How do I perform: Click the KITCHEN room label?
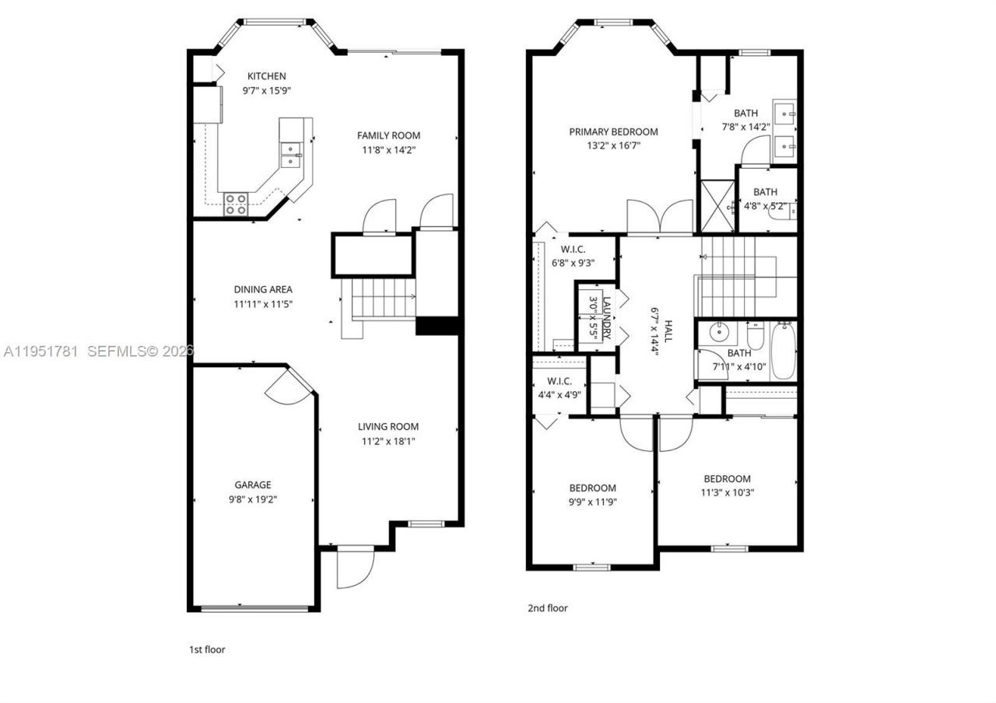266,76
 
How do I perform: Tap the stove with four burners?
236,204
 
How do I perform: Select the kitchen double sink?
292,155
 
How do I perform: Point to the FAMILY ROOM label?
388,135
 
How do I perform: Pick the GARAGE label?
253,484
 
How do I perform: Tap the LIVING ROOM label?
388,426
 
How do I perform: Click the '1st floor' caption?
208,649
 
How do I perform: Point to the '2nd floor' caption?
548,608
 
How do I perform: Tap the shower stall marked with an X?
717,206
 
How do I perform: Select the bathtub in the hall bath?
783,351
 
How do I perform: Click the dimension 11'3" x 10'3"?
727,492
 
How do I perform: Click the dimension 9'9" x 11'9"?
592,502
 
